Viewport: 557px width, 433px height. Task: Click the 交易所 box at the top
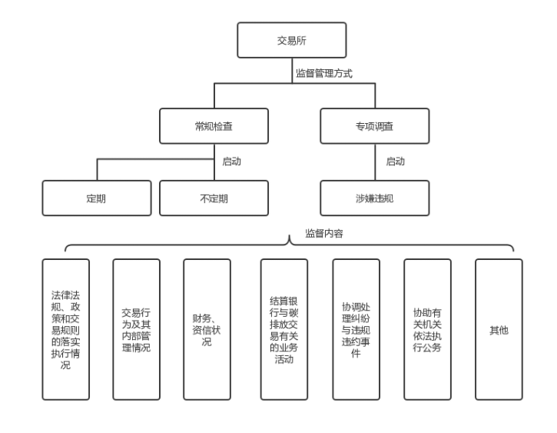pos(291,40)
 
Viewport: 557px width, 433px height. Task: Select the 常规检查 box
pos(214,126)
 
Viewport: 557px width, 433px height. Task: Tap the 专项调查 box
pos(374,126)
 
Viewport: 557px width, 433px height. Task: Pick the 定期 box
pos(97,198)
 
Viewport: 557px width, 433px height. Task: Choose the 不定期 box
pos(214,198)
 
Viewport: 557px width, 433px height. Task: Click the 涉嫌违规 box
pos(374,198)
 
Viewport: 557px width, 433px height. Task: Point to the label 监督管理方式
pos(323,74)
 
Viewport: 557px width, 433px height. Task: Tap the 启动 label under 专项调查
pos(395,162)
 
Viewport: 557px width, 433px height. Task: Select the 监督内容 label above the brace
pos(324,232)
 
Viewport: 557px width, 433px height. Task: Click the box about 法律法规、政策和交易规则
pos(66,329)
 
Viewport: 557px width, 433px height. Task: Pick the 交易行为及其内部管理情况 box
pos(136,329)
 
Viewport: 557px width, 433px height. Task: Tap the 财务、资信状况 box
pos(207,329)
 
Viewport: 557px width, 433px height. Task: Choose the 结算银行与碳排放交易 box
pos(283,329)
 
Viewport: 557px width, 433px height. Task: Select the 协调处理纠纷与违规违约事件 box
pos(356,329)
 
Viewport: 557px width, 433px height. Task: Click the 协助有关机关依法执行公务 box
pos(427,329)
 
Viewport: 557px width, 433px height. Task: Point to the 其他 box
pos(499,329)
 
